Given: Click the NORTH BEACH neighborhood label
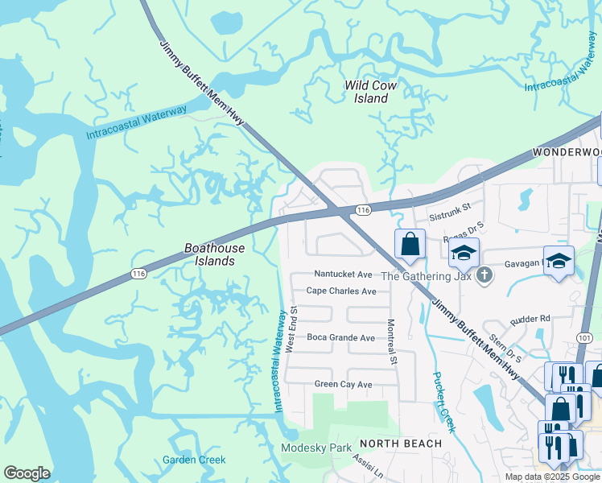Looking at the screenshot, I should tap(401, 444).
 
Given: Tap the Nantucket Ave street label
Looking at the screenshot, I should tap(344, 275).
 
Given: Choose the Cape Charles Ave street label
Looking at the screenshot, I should tap(341, 291).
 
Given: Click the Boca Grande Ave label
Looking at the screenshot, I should tap(340, 338).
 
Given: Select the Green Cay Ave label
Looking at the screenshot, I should tap(343, 385).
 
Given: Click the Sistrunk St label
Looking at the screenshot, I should tap(447, 217).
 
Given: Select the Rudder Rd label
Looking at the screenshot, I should tap(530, 319).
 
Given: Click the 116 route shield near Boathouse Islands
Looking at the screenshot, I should tap(138, 274).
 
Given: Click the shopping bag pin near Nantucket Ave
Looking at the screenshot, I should tap(410, 244).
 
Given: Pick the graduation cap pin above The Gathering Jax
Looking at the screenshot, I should tap(464, 251).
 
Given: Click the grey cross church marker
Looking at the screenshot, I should tap(483, 275).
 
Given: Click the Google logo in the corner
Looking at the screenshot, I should tap(27, 473).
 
